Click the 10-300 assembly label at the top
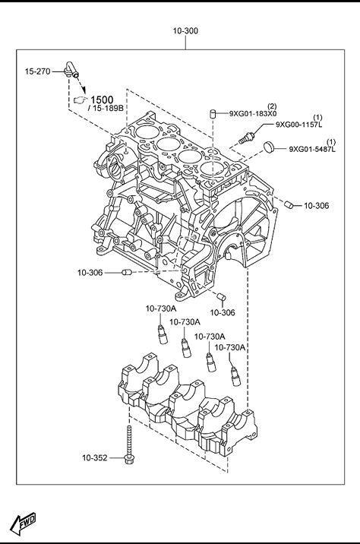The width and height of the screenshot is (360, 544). pos(185,31)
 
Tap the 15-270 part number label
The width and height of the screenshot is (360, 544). pos(37,71)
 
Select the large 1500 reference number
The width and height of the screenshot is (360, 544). pos(102,100)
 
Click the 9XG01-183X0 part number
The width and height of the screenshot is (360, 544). pos(252,113)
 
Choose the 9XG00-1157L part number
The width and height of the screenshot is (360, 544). pos(298,125)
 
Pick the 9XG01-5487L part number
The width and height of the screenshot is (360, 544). pos(312,149)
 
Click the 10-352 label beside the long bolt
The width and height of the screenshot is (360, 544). pos(95,458)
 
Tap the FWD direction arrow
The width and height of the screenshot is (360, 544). pos(23,523)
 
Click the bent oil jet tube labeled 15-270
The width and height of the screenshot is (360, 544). pos(71,68)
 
